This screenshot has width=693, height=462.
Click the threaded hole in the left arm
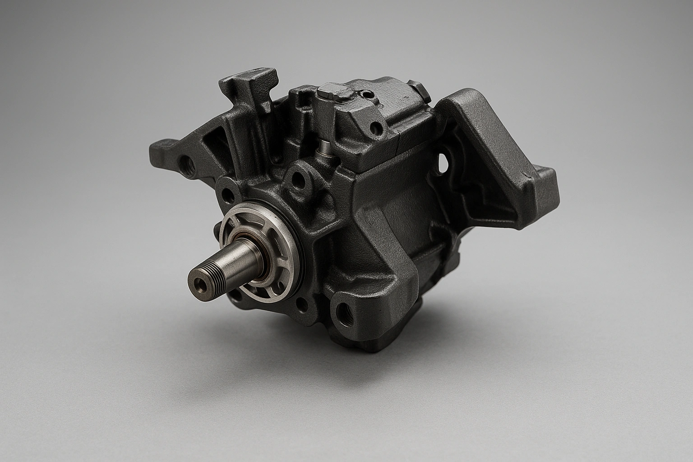(x=185, y=160)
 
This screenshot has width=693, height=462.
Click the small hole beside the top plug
(x=369, y=94)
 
